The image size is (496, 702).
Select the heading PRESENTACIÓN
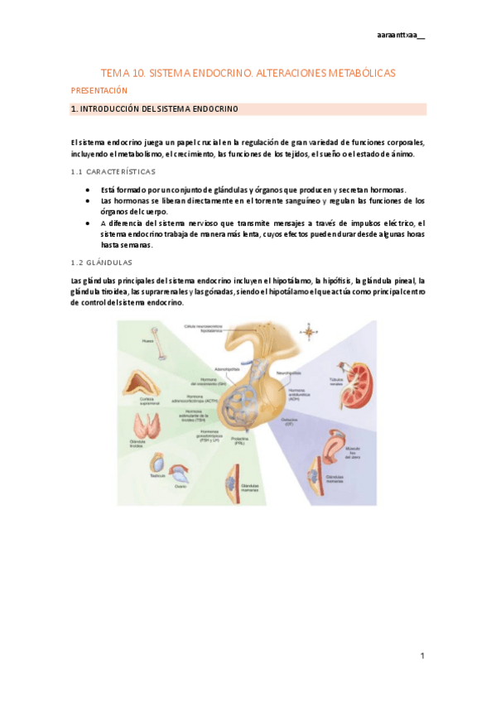tap(99, 89)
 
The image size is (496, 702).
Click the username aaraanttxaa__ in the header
tap(400, 35)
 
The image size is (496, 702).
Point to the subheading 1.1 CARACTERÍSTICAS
tap(113, 171)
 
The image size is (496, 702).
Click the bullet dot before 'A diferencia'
tap(89, 223)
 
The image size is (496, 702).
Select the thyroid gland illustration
tap(149, 426)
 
